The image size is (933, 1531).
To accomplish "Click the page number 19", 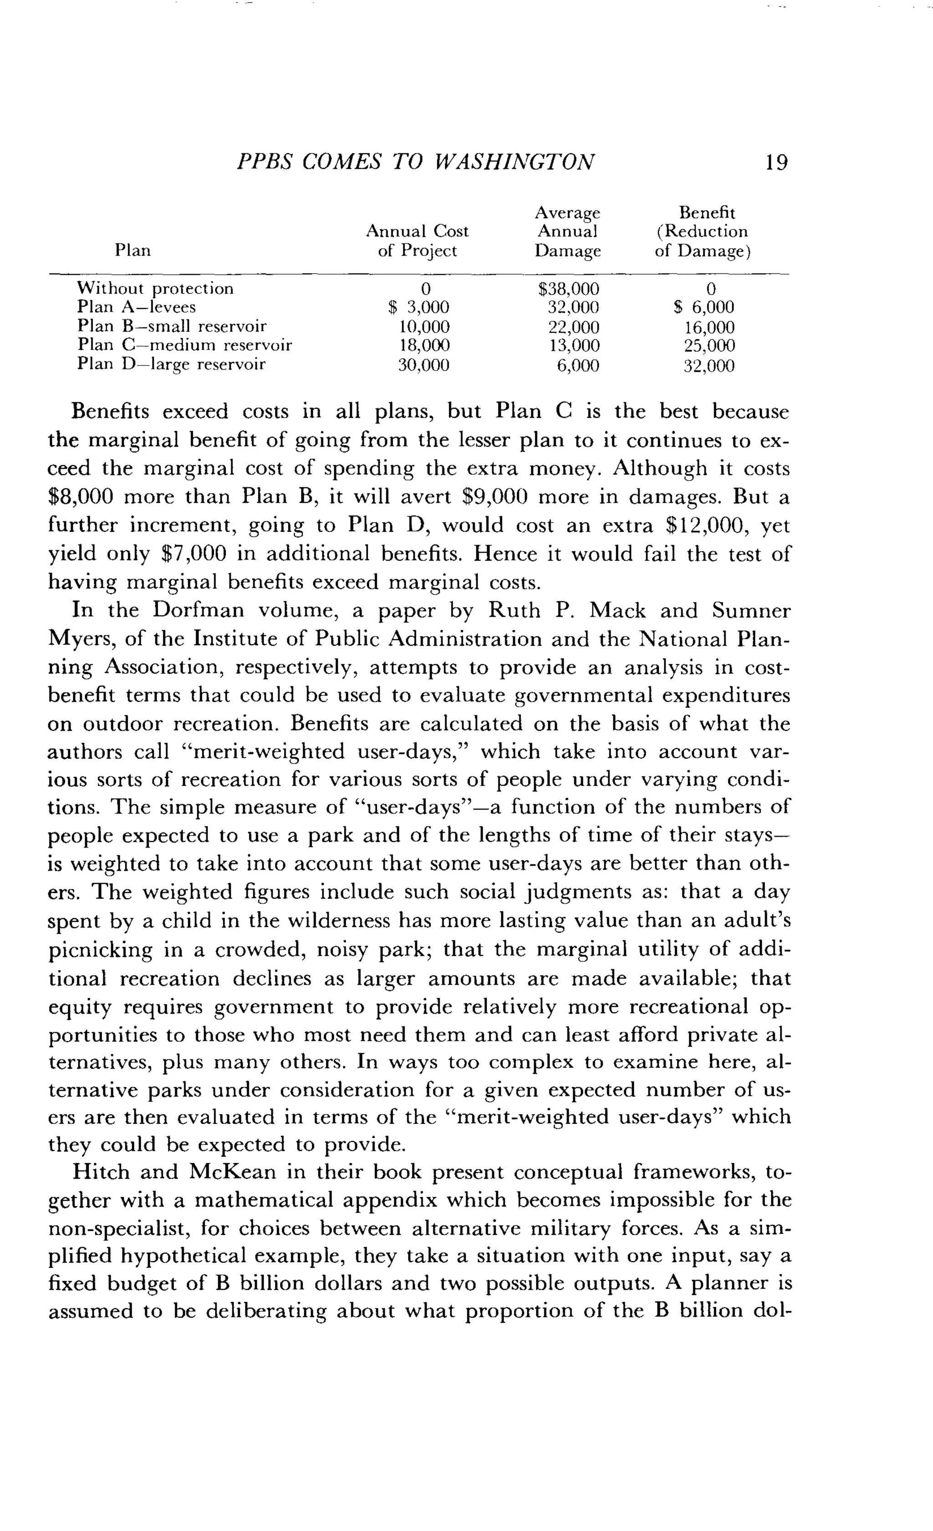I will point(776,163).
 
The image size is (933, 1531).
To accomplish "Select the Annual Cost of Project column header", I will point(417,241).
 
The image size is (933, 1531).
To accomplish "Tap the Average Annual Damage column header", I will point(568,232).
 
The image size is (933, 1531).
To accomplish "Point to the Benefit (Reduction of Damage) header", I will point(703,232).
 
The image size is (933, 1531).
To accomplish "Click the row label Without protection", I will point(155,289).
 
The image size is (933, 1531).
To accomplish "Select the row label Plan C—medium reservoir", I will point(185,345).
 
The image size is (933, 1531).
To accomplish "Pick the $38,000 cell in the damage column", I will point(569,289).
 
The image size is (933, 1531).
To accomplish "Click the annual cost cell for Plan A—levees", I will point(418,308).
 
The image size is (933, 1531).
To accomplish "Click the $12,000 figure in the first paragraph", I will point(707,526).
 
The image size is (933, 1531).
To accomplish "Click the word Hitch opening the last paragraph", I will point(99,1172).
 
